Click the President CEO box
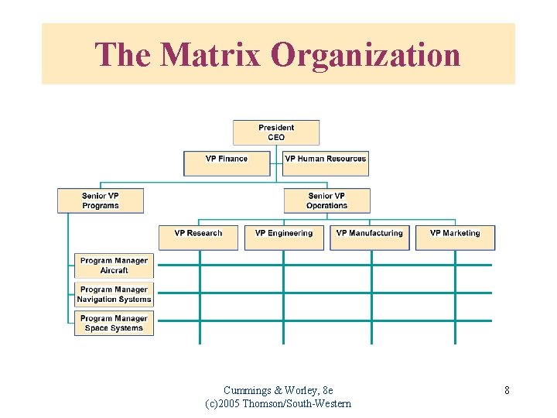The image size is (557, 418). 276,132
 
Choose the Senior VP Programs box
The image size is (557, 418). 101,200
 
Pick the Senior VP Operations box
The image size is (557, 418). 326,200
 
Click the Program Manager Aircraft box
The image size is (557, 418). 114,266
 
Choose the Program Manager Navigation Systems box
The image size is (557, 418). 114,294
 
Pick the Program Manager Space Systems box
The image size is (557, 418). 114,323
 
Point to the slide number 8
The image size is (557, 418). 507,390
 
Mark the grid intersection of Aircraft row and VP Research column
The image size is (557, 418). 200,265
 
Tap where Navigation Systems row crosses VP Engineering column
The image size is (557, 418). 283,293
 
